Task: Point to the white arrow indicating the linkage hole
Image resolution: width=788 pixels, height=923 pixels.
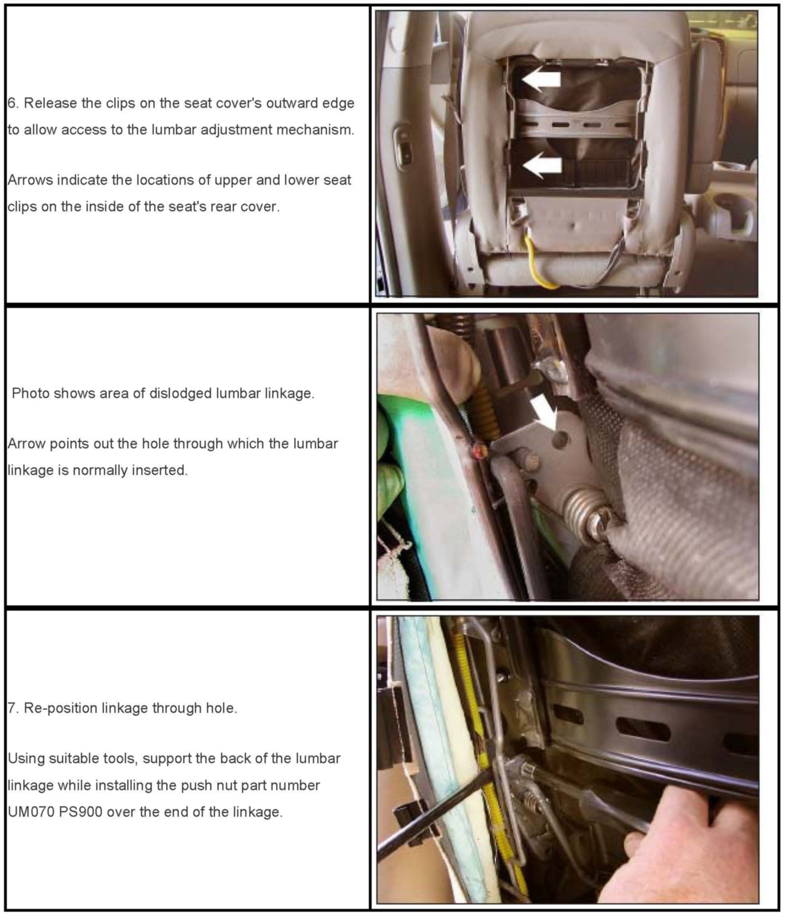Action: coord(544,414)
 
